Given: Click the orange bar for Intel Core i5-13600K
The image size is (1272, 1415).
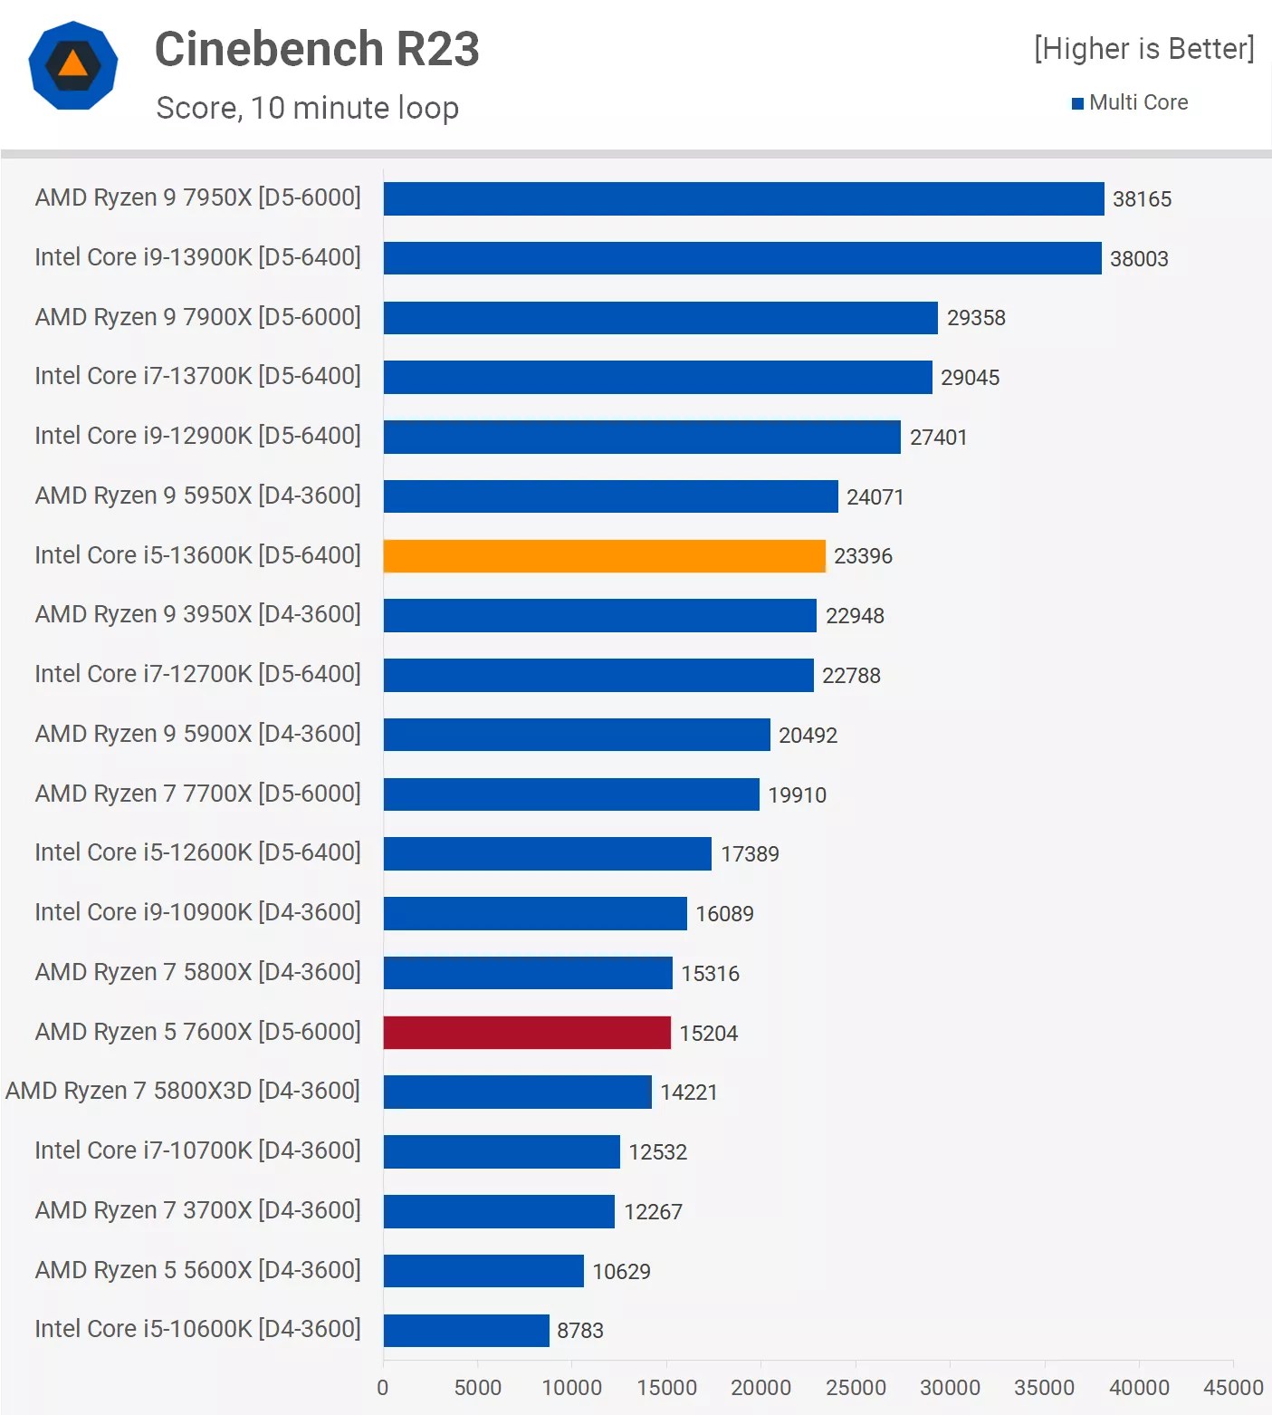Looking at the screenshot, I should click(604, 556).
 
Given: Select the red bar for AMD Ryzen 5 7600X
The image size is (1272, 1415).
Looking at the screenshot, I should click(527, 1033).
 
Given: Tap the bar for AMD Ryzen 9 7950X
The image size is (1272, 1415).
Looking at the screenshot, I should click(743, 199).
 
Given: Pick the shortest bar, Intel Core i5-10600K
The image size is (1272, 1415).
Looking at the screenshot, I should click(466, 1331).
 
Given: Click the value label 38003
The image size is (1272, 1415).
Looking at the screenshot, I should click(1139, 259).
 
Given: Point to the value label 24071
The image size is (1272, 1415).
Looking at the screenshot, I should click(875, 497).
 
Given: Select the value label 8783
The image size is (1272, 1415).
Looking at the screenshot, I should click(580, 1331).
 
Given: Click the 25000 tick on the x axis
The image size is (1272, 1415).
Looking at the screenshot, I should click(856, 1388).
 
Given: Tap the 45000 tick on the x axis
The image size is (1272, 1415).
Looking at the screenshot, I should click(1232, 1388).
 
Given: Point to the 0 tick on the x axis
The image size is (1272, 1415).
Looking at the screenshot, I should click(383, 1388).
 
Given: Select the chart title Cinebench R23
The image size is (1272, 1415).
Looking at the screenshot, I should click(317, 49).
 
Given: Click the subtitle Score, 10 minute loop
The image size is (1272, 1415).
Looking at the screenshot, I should click(307, 108).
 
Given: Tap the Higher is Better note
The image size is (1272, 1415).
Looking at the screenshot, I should click(1143, 49).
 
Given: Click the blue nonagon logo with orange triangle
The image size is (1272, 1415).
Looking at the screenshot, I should click(73, 65).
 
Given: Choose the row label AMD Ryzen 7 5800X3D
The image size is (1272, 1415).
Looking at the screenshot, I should click(183, 1091).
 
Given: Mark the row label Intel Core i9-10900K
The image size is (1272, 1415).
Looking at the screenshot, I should click(197, 912).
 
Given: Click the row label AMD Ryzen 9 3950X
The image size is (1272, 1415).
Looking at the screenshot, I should click(197, 614).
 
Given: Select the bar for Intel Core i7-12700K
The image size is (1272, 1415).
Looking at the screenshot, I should click(598, 676).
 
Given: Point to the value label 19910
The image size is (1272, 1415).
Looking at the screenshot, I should click(797, 795).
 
